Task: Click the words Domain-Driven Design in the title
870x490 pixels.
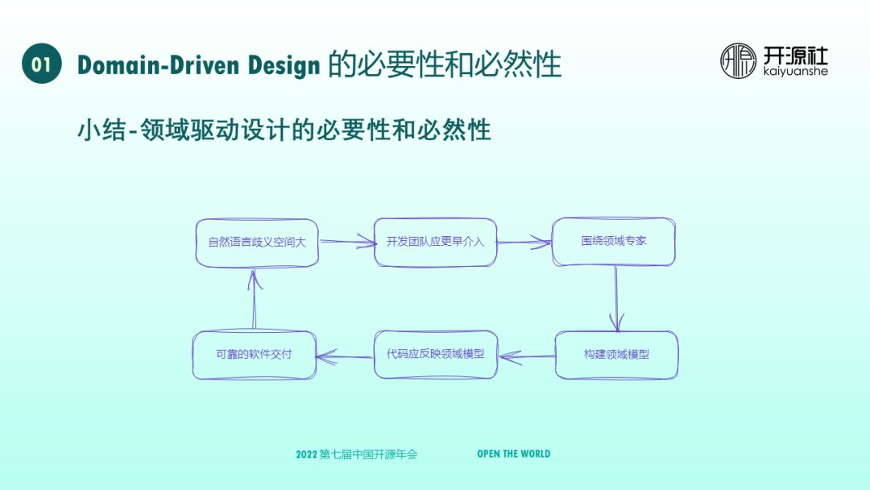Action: point(199,64)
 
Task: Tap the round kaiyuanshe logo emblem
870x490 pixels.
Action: point(738,61)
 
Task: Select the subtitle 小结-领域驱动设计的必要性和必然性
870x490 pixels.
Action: point(284,130)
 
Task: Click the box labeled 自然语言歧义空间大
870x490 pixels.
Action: point(257,242)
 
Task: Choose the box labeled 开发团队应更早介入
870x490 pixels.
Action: point(435,242)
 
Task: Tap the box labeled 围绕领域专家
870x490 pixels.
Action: point(614,241)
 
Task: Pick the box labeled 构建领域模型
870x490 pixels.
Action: point(616,355)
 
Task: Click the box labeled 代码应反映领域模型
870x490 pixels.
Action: point(435,354)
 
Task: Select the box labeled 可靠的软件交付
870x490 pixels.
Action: point(255,355)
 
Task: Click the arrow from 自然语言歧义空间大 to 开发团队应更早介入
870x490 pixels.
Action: point(347,241)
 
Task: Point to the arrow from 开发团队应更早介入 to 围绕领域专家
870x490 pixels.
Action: point(524,241)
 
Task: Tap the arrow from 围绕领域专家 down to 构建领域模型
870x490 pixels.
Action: point(616,298)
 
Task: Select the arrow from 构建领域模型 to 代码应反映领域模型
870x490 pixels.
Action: point(526,355)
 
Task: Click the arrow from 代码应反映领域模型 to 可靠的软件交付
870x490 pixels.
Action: point(346,355)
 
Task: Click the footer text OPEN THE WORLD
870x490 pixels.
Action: point(513,454)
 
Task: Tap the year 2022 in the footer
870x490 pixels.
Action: point(306,455)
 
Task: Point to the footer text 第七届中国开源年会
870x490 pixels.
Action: point(369,455)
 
